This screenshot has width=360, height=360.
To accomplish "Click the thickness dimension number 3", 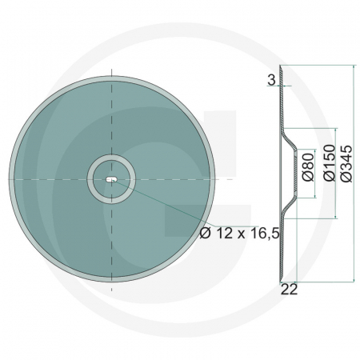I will [x=272, y=80].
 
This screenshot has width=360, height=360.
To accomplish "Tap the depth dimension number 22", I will [x=290, y=290].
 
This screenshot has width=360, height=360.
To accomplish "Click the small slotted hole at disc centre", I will [x=113, y=179].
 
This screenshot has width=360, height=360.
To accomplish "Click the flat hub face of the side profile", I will [x=296, y=178].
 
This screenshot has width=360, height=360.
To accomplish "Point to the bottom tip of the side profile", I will [x=281, y=281].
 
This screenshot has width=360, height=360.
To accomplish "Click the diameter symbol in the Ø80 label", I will [x=308, y=186].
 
